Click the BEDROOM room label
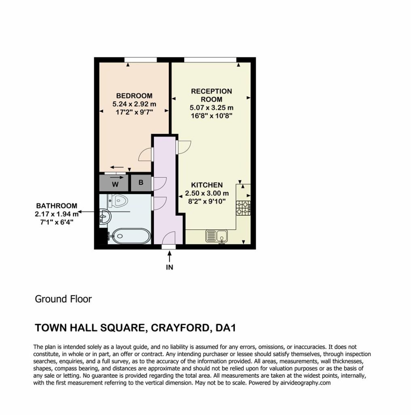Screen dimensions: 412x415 click(x=134, y=96)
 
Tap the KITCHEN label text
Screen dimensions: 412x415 click(x=207, y=185)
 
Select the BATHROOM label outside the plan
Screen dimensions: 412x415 click(x=57, y=205)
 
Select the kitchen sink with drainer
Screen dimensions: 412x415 click(x=217, y=236)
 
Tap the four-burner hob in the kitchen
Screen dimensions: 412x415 click(x=243, y=208)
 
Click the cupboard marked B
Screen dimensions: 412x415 click(x=141, y=183)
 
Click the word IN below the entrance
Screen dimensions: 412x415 click(x=170, y=267)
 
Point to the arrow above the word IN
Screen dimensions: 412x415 click(x=170, y=257)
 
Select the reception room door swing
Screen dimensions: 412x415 click(x=184, y=147)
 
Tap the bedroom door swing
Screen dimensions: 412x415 click(x=146, y=154)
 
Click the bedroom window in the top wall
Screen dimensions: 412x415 click(x=140, y=60)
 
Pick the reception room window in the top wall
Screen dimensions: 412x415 click(x=210, y=60)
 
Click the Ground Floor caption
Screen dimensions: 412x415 click(x=63, y=299)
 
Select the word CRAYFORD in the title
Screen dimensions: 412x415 click(x=181, y=328)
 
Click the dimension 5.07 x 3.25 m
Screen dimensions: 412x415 click(x=211, y=108)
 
